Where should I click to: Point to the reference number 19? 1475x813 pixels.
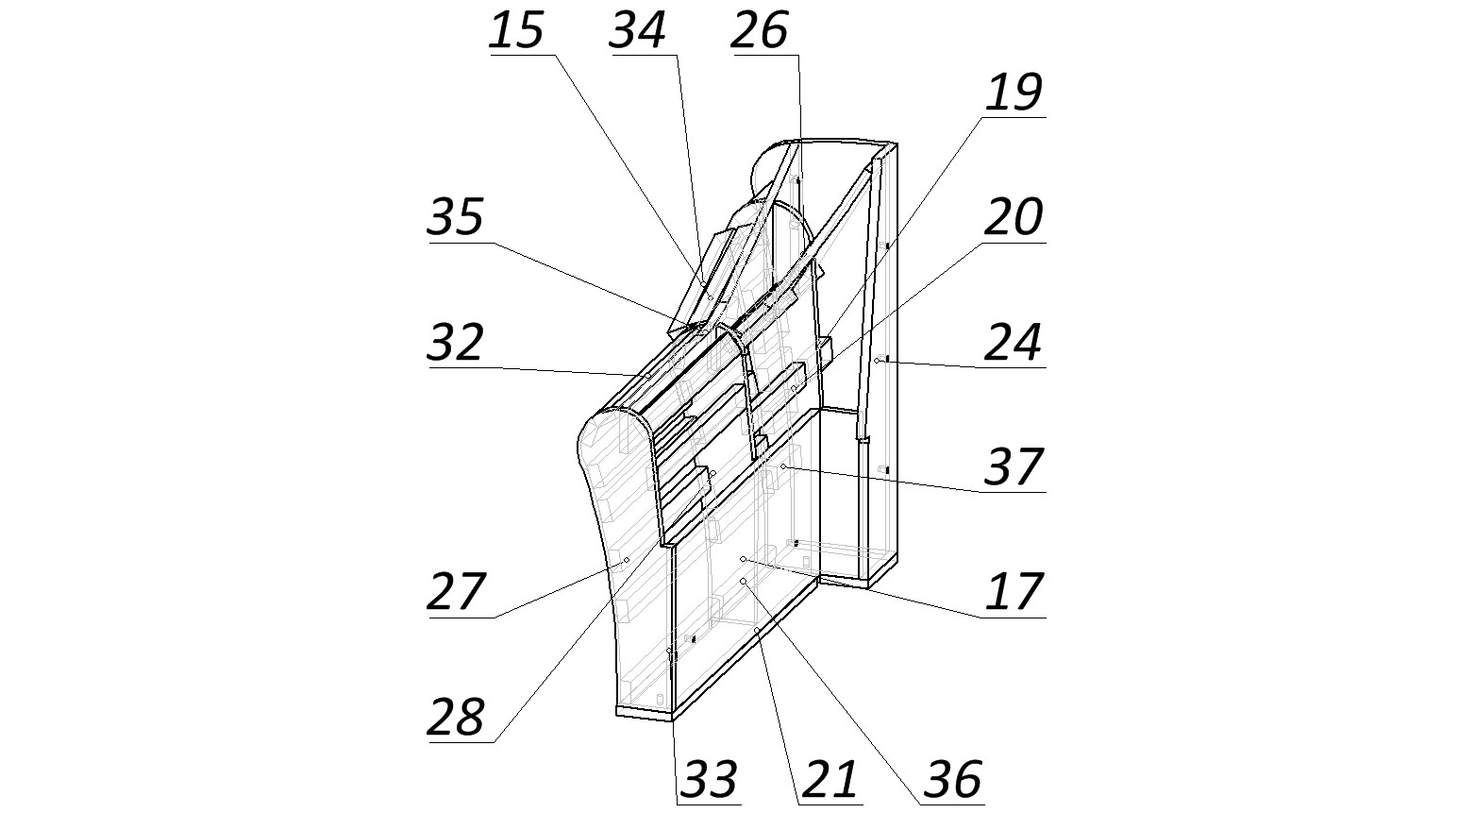[1014, 93]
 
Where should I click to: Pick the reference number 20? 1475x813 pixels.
[1014, 217]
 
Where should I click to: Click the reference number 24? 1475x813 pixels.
[1014, 343]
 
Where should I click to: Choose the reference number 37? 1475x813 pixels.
[1014, 466]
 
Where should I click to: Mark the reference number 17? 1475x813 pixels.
[1014, 592]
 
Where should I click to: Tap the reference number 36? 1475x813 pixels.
[952, 780]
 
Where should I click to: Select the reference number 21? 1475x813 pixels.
[830, 780]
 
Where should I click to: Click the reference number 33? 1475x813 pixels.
[709, 780]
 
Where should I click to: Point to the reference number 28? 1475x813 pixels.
[457, 718]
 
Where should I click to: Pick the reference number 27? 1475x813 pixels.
[457, 592]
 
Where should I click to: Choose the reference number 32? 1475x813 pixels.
[457, 343]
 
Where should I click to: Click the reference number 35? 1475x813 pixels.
[457, 217]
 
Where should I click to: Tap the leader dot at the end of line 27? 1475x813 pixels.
[626, 561]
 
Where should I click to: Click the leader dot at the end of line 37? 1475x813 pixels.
[783, 467]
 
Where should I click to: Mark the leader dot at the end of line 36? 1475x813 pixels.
[744, 581]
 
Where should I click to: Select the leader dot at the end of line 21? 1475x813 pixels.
[757, 629]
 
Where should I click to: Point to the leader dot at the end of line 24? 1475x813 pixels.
[878, 360]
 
